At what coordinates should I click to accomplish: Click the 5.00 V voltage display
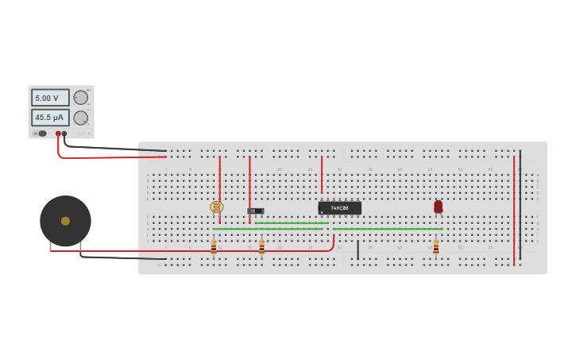pyautogui.click(x=50, y=98)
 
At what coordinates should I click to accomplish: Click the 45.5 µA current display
pyautogui.click(x=50, y=118)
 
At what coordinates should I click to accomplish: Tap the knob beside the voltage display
pyautogui.click(x=81, y=98)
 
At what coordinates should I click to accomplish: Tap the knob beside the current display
pyautogui.click(x=81, y=118)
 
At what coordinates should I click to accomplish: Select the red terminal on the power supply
pyautogui.click(x=58, y=134)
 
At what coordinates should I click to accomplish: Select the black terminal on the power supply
pyautogui.click(x=64, y=134)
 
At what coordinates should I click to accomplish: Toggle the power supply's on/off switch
pyautogui.click(x=40, y=134)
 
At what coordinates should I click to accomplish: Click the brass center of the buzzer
pyautogui.click(x=65, y=221)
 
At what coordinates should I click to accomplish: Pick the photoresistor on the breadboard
pyautogui.click(x=217, y=207)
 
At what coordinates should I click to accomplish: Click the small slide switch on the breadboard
pyautogui.click(x=256, y=211)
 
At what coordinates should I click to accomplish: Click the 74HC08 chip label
pyautogui.click(x=340, y=208)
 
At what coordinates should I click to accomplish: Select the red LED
pyautogui.click(x=438, y=207)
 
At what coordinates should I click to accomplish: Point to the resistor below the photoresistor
pyautogui.click(x=214, y=247)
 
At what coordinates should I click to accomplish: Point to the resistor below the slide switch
pyautogui.click(x=261, y=247)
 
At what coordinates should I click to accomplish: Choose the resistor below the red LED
pyautogui.click(x=435, y=247)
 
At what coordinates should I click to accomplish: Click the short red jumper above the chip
pyautogui.click(x=322, y=175)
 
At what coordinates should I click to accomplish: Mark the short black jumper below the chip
pyautogui.click(x=358, y=250)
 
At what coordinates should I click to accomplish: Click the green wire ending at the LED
pyautogui.click(x=389, y=229)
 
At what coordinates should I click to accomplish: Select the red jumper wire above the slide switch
pyautogui.click(x=249, y=179)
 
